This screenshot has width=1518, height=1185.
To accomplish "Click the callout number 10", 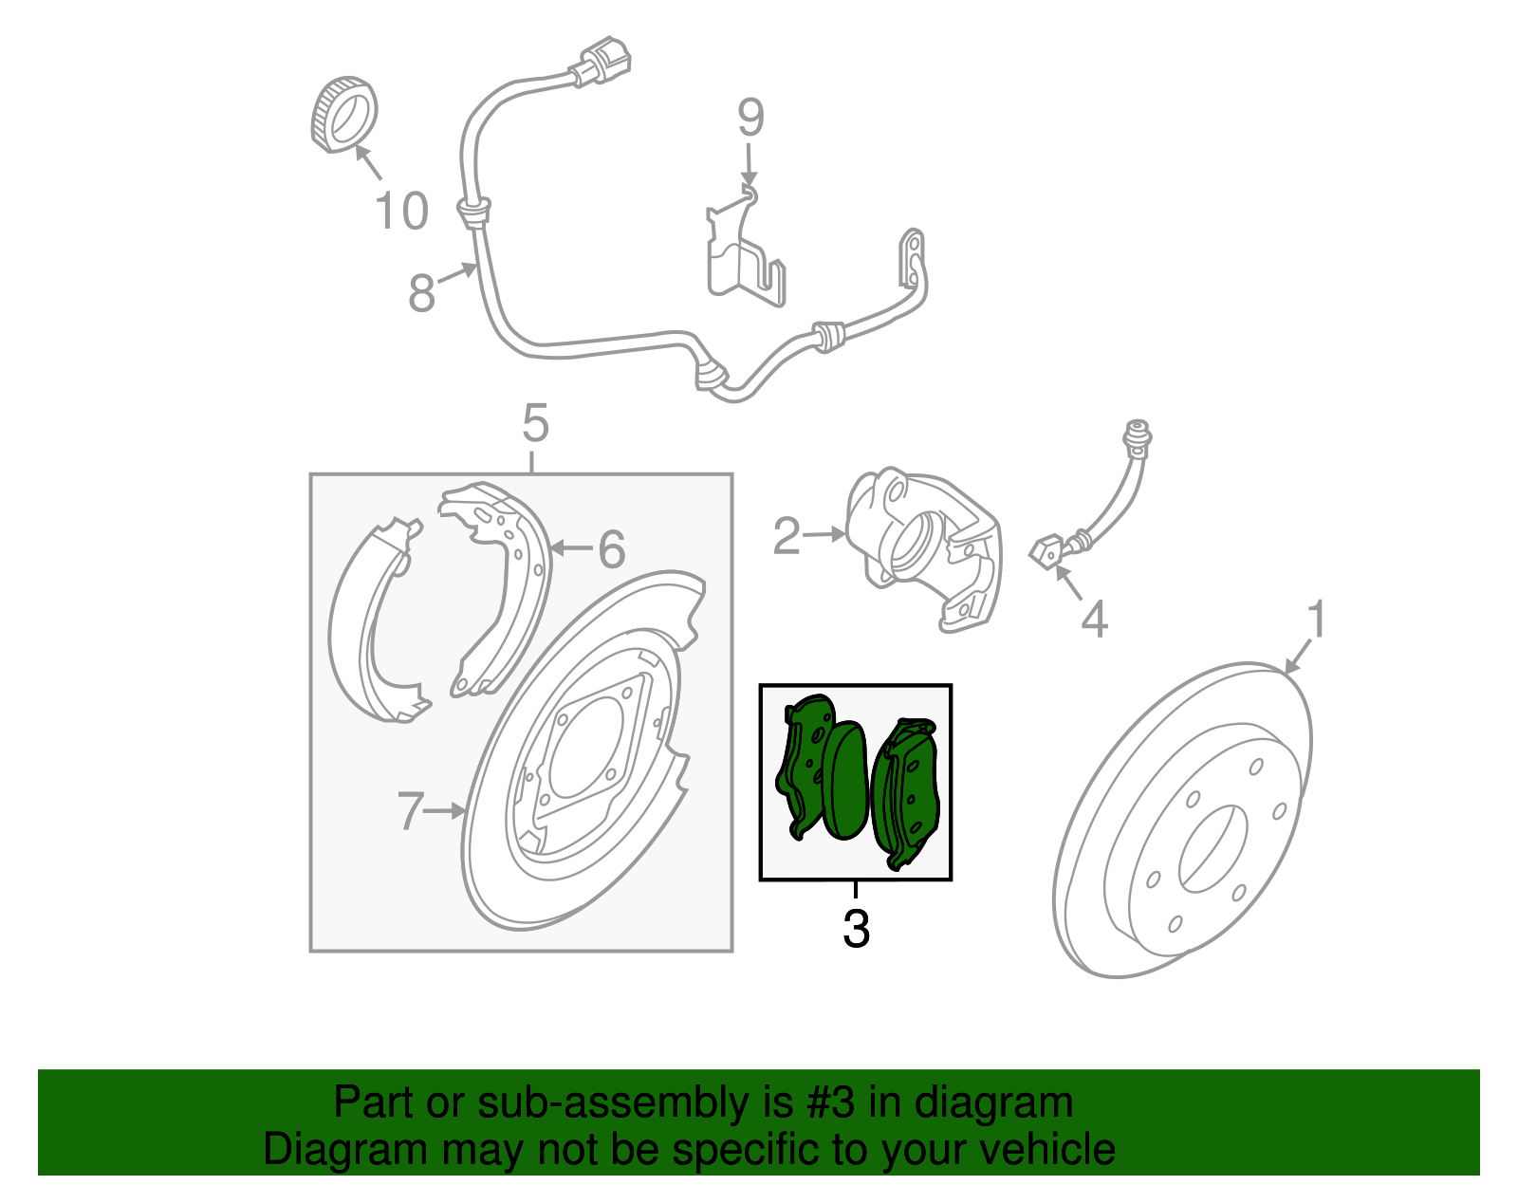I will pyautogui.click(x=402, y=211).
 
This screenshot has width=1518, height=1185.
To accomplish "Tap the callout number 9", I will pyautogui.click(x=750, y=119).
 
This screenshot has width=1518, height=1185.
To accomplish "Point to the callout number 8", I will pyautogui.click(x=422, y=293).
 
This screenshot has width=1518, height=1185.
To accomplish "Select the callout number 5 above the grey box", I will pyautogui.click(x=535, y=423).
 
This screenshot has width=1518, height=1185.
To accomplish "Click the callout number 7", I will pyautogui.click(x=410, y=811).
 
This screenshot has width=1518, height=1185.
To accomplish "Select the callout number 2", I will pyautogui.click(x=787, y=537).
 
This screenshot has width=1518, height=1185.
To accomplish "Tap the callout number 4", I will pyautogui.click(x=1094, y=620).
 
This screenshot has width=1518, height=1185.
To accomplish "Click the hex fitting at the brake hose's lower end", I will pyautogui.click(x=1046, y=550).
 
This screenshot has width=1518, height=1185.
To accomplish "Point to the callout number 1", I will pyautogui.click(x=1317, y=620).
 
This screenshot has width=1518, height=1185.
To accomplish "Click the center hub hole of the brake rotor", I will pyautogui.click(x=1213, y=848).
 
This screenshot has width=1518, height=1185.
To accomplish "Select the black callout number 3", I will pyautogui.click(x=856, y=929).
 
